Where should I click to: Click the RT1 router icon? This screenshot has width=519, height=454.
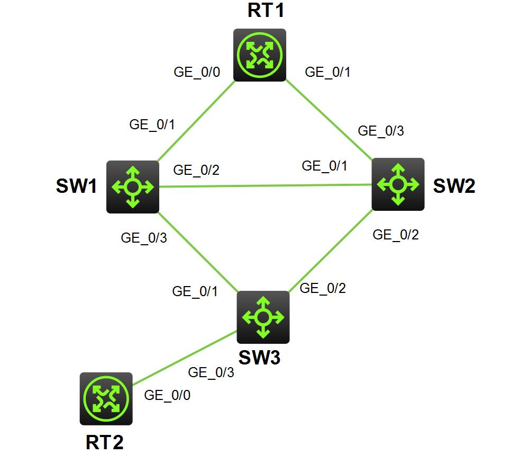[x=260, y=55]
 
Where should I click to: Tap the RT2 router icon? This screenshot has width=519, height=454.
[x=106, y=398]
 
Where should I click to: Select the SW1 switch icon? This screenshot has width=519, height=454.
[x=133, y=187]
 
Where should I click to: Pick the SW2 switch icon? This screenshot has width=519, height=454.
[x=398, y=184]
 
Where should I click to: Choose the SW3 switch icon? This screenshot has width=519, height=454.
[x=263, y=317]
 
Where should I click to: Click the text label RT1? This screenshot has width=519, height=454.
[x=266, y=11]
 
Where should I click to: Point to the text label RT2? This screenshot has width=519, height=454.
[x=105, y=442]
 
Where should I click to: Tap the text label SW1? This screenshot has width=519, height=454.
[x=76, y=186]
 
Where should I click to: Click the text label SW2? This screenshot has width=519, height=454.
[x=454, y=186]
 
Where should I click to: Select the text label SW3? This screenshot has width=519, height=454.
[x=259, y=358]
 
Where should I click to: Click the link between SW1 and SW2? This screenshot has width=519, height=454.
[x=265, y=185]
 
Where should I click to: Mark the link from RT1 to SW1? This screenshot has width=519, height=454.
[x=196, y=121]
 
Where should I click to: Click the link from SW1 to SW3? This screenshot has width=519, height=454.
[x=198, y=252]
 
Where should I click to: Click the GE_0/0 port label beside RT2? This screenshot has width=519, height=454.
[x=167, y=395]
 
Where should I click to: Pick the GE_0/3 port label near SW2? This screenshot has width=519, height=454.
[x=381, y=131]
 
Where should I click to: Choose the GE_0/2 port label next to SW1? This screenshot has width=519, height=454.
[x=196, y=170]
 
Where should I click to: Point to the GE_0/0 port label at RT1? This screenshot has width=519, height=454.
[x=197, y=73]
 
